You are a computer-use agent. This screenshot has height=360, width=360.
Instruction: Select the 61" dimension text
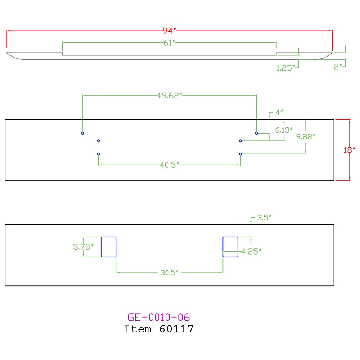click(x=169, y=43)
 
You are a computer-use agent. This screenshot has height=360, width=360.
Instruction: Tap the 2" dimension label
click(x=338, y=67)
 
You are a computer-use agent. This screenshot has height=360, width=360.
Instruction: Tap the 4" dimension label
click(x=279, y=112)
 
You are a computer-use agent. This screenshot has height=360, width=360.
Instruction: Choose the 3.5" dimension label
click(x=264, y=217)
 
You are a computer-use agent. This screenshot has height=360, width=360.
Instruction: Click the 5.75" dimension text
click(x=83, y=247)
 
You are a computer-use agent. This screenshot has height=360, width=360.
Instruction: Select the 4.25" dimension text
click(x=251, y=252)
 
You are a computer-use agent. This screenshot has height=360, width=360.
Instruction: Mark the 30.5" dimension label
click(x=170, y=273)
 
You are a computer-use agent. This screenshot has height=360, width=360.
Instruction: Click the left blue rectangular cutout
click(x=108, y=247)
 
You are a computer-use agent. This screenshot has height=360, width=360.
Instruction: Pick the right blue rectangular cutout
click(x=230, y=247)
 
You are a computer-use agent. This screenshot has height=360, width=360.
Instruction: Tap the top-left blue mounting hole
click(x=82, y=133)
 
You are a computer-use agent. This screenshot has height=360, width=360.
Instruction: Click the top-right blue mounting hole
click(x=256, y=133)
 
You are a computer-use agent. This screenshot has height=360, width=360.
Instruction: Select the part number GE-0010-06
click(x=158, y=317)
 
